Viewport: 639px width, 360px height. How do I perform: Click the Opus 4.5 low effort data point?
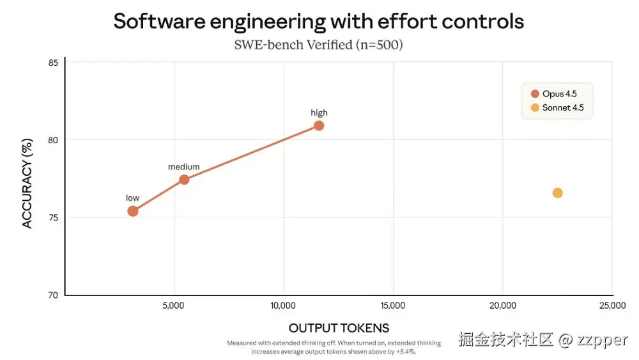[x=133, y=211]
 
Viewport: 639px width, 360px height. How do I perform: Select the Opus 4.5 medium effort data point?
[x=184, y=180]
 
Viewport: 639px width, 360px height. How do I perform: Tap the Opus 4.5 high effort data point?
[x=319, y=125]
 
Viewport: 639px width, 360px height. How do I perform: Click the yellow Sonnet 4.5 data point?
[x=557, y=193]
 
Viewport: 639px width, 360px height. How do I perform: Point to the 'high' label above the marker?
[x=319, y=113]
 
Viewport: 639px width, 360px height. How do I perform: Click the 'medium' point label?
[x=184, y=167]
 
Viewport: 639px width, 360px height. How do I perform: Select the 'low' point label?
[x=132, y=198]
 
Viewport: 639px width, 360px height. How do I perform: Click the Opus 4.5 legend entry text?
[x=559, y=94]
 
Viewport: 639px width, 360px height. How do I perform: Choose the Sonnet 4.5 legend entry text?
[x=563, y=107]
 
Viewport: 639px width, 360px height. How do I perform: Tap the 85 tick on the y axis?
[x=53, y=63]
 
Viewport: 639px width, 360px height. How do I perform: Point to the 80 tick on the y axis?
[x=53, y=140]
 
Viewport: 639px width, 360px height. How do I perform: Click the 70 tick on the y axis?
[x=53, y=295]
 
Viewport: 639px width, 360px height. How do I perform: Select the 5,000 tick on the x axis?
[x=174, y=306]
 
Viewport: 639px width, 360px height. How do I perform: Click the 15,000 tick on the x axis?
[x=392, y=306]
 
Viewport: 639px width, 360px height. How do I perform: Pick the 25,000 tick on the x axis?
[x=612, y=306]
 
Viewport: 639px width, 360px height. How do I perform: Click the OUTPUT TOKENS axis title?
[x=339, y=328]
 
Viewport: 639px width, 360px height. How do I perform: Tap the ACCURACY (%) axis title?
[x=27, y=185]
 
